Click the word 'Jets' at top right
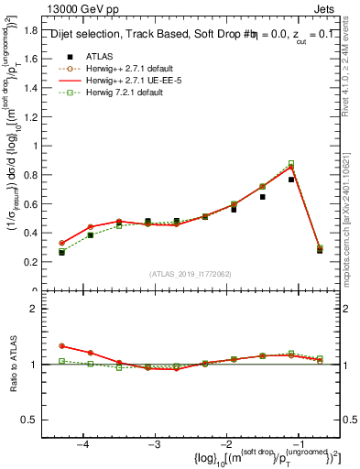328,8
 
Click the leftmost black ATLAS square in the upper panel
62,252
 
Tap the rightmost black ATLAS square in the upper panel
320,250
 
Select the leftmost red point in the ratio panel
62,346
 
